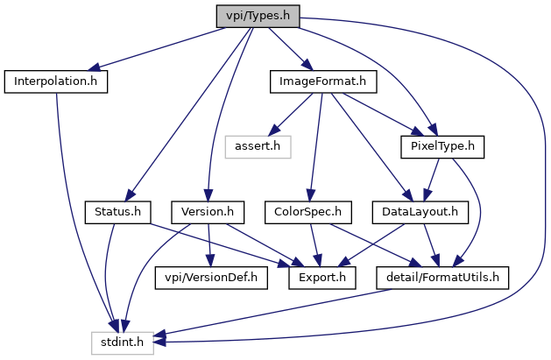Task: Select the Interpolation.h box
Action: [x=56, y=81]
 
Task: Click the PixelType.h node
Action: [x=442, y=145]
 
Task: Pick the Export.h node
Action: [x=319, y=279]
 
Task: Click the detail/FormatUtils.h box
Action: [x=442, y=279]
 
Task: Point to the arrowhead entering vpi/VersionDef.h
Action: [x=208, y=262]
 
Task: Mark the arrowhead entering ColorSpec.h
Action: [x=312, y=197]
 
